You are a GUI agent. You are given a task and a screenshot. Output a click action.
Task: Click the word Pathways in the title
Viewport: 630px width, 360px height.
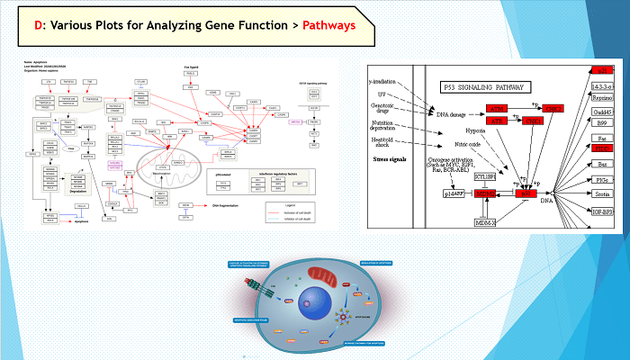coord(325,25)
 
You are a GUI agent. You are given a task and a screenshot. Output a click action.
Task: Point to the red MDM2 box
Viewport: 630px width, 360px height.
coord(487,193)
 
